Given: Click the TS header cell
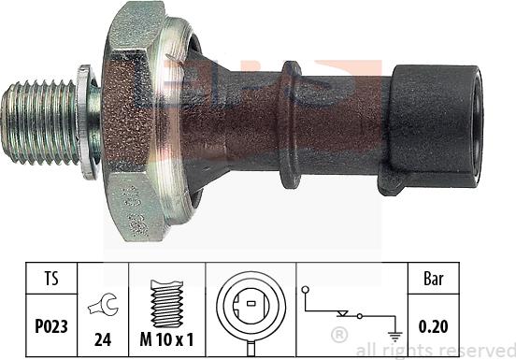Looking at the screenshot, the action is [51, 279].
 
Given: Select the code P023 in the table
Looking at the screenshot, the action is [51, 326].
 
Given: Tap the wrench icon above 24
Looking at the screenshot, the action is [103, 305].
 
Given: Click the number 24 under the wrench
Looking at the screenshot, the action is [103, 339].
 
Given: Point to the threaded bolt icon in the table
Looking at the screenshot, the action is [166, 304].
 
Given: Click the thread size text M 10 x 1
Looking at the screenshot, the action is [166, 339].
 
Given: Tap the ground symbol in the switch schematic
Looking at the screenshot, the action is [394, 337].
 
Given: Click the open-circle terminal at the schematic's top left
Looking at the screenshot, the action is [306, 290].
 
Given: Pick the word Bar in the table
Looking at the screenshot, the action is [434, 279].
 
